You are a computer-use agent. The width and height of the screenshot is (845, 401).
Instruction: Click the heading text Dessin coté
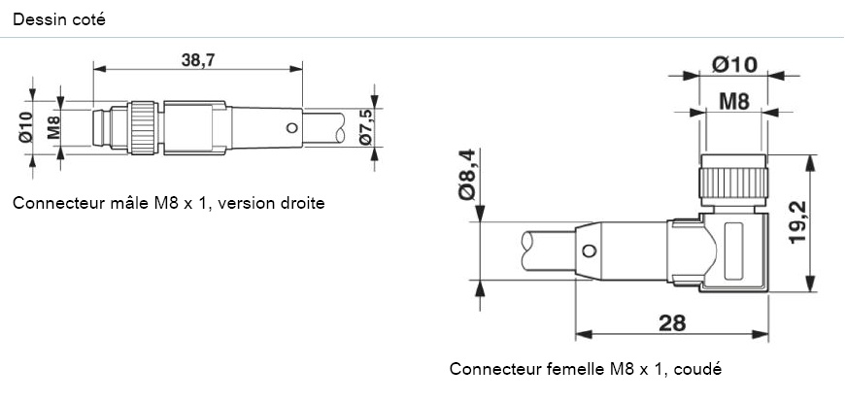pyautogui.click(x=59, y=18)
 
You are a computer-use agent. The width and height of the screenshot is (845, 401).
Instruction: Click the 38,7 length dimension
pyautogui.click(x=197, y=59)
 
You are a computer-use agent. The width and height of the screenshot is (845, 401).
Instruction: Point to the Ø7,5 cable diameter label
pyautogui.click(x=366, y=127)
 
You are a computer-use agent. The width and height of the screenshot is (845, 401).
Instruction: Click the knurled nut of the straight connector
pyautogui.click(x=144, y=126)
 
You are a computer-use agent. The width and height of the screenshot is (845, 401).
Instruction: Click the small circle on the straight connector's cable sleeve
pyautogui.click(x=288, y=128)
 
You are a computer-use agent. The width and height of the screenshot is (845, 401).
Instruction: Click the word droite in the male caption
pyautogui.click(x=301, y=204)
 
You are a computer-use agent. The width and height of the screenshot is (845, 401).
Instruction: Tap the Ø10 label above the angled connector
pyautogui.click(x=734, y=64)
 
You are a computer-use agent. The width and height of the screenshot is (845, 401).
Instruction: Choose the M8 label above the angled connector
pyautogui.click(x=733, y=100)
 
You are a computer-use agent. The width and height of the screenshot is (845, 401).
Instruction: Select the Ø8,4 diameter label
pyautogui.click(x=467, y=176)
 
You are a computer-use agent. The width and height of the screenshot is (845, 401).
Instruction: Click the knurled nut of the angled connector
pyautogui.click(x=733, y=181)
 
